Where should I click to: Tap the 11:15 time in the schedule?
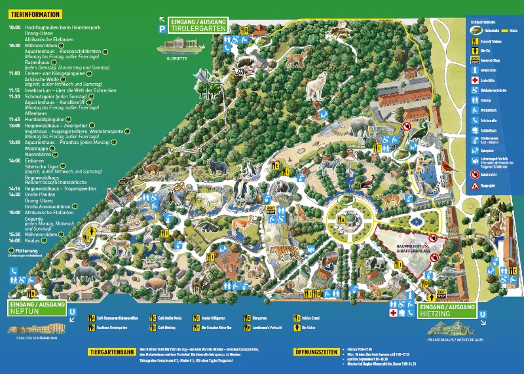pos(14,90)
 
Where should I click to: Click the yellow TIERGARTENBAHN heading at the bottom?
pos(112,352)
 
